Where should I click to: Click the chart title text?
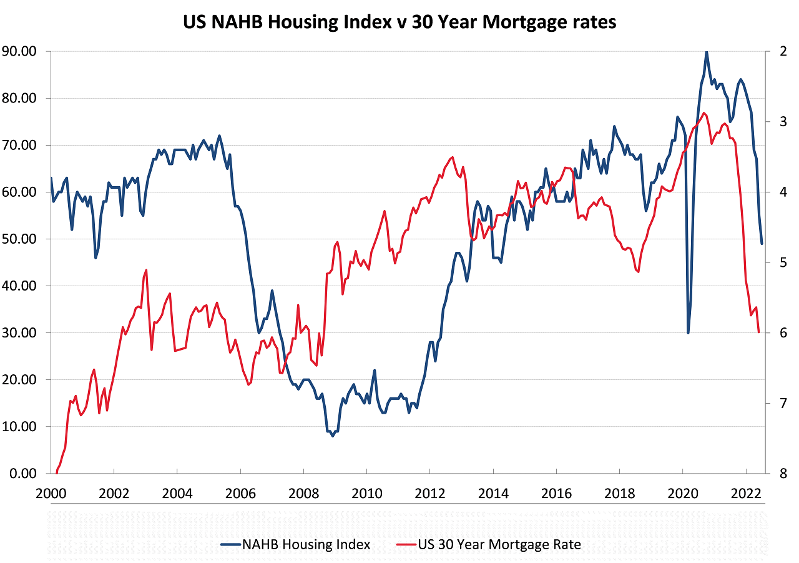pos(399,22)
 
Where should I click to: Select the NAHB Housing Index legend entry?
pos(306,544)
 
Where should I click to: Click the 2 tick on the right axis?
pos(782,51)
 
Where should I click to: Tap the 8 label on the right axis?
pos(782,473)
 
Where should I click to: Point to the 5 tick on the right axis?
pos(782,262)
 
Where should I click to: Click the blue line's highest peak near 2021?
pos(706,52)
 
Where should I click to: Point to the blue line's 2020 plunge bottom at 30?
pos(689,332)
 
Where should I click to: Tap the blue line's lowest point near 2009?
pos(333,436)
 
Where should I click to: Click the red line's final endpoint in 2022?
pos(758,332)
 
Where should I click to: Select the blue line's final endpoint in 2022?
pos(762,243)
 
